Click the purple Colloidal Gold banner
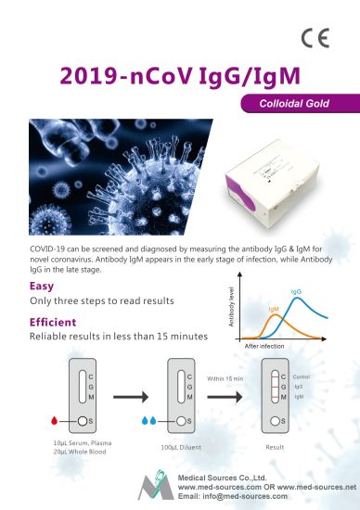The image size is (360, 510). click(x=296, y=106)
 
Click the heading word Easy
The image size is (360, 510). click(x=42, y=287)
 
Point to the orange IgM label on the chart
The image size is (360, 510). click(x=274, y=309)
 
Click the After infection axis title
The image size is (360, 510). click(x=265, y=345)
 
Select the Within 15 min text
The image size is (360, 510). click(x=226, y=379)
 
